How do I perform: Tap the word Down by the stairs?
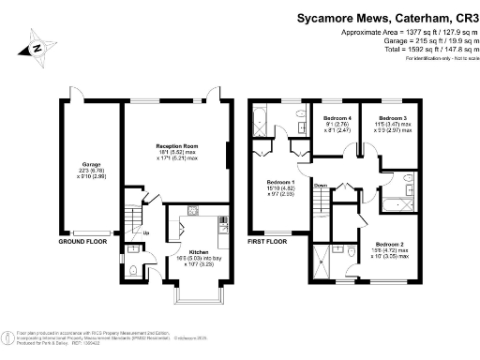click(x=321, y=185)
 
